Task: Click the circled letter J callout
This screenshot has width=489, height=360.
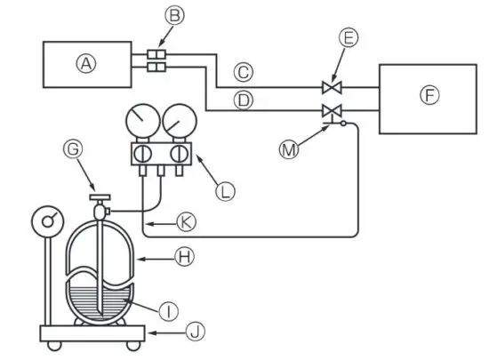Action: coord(194,333)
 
